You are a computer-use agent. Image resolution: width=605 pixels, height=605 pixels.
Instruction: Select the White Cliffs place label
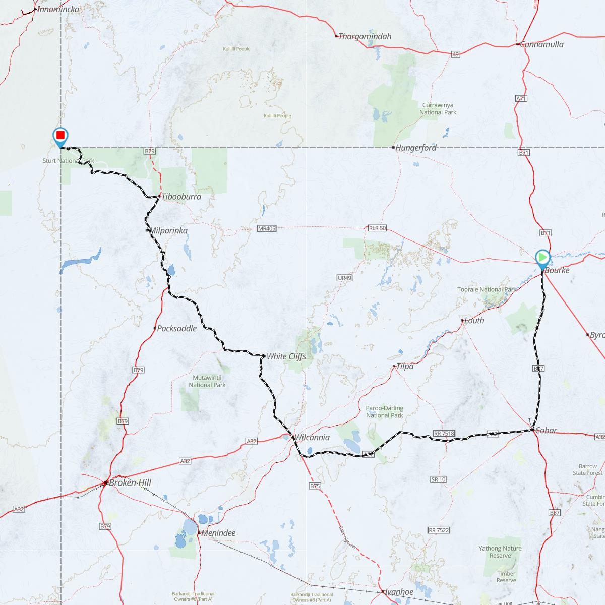pos(286,356)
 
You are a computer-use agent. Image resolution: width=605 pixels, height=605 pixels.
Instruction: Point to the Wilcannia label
pos(312,437)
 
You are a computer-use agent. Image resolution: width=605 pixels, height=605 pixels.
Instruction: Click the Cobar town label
pos(546,430)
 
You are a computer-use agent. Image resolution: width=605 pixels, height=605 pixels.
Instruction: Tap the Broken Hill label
pos(130,482)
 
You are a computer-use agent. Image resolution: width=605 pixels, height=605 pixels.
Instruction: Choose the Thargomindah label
pos(365,36)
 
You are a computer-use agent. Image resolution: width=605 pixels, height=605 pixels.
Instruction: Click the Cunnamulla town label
pos(542,44)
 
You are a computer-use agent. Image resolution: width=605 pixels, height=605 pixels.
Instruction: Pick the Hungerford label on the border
pos(416,148)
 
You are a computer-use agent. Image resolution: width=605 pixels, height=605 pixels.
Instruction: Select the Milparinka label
pos(169,230)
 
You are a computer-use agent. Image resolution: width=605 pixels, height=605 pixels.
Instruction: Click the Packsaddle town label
pos(176,328)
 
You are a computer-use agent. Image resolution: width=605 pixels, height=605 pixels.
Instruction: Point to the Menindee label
pos(218,533)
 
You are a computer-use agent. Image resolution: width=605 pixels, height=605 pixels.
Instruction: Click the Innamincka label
pos(58,9)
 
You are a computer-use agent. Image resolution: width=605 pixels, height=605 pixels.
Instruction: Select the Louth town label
pos(474,320)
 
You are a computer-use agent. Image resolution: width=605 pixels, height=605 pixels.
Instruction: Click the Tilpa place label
pos(405,366)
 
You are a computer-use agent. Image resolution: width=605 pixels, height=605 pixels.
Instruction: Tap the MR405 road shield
pos(266,228)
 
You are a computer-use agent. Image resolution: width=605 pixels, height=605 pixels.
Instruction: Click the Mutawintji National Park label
pos(207,381)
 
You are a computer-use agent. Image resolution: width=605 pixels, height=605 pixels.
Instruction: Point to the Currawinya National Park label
pos(438,109)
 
